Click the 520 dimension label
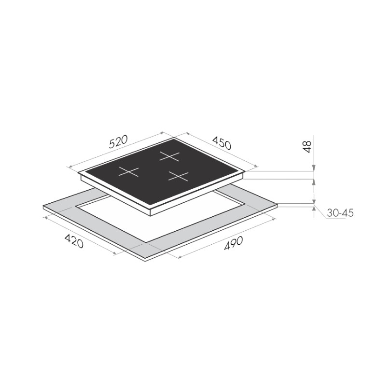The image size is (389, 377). point(118,142)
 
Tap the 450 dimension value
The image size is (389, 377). point(222,143)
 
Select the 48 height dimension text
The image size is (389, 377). point(307,147)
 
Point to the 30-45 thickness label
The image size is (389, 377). point(340,213)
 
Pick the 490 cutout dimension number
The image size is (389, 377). point(233,243)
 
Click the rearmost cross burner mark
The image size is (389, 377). point(169,156)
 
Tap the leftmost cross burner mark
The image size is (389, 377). point(128,171)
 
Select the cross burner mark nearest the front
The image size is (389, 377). point(178,176)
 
